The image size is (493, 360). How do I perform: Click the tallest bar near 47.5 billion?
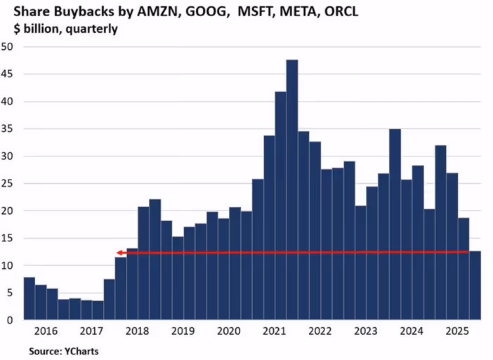[x=292, y=189]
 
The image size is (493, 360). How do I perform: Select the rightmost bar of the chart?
[x=475, y=286]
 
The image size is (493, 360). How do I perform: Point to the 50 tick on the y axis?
[x=8, y=47]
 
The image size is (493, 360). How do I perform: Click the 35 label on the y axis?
[x=8, y=129]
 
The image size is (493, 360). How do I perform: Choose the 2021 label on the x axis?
[x=275, y=331]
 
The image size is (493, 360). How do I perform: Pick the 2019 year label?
[x=183, y=331]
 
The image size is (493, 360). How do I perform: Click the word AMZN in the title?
[x=153, y=12]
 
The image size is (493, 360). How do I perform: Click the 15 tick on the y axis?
[x=8, y=239]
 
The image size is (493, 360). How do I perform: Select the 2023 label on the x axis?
[x=366, y=331]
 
